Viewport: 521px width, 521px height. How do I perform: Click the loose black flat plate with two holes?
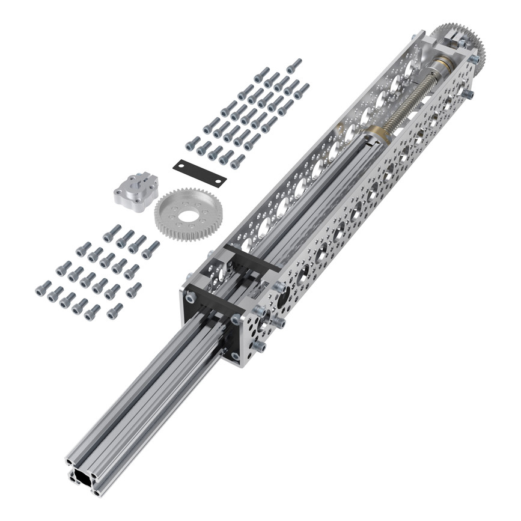pyautogui.click(x=200, y=172)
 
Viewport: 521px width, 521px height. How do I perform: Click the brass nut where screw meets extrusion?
pyautogui.click(x=377, y=133)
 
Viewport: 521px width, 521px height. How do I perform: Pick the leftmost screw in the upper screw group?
pyautogui.click(x=192, y=144)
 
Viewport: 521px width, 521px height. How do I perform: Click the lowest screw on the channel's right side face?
pyautogui.click(x=260, y=347)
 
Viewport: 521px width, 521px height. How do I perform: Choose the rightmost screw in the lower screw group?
pyautogui.click(x=151, y=247)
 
